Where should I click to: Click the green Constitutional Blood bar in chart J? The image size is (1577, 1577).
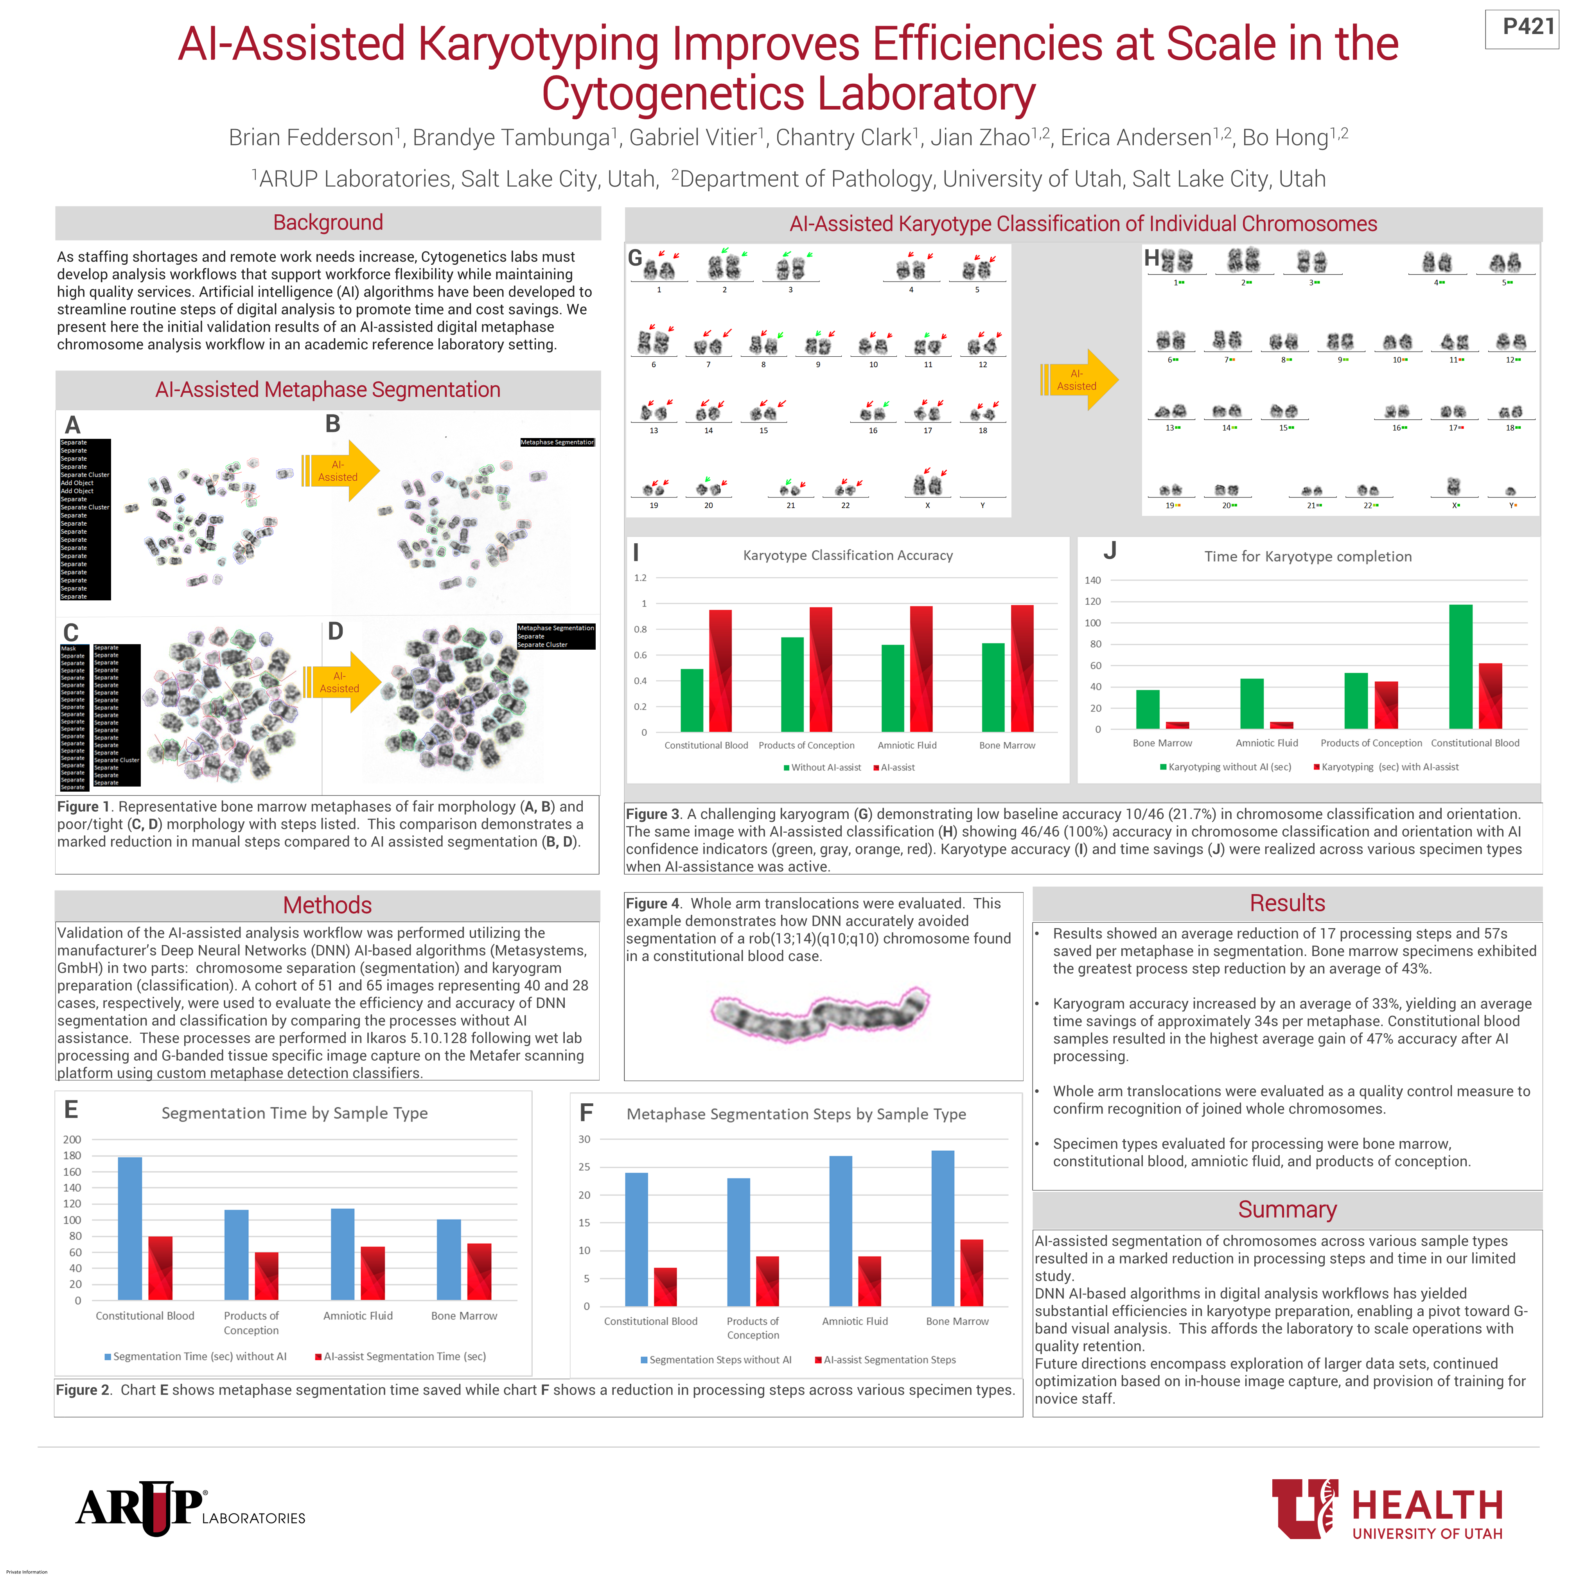point(1460,667)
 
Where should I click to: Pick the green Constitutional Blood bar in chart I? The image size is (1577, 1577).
point(692,700)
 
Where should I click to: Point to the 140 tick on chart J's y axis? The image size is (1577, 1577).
point(1092,580)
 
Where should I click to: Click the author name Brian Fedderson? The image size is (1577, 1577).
point(311,138)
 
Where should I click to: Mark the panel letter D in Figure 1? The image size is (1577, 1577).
point(336,631)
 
